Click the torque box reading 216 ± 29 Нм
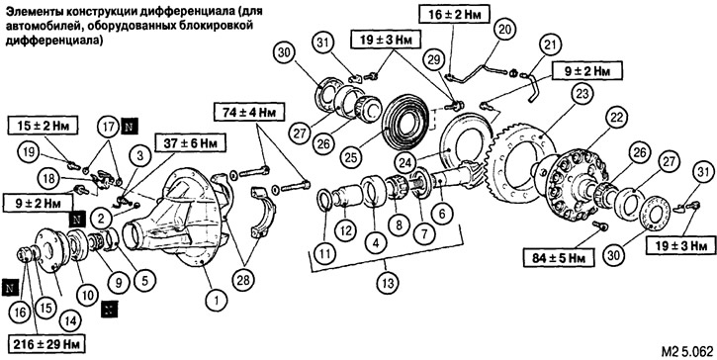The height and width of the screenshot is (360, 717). [47, 344]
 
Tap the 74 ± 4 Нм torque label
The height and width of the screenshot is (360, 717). [249, 111]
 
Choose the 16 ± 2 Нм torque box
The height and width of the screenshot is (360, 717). [454, 13]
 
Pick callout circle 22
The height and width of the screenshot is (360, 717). [616, 118]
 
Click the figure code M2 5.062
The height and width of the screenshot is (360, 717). [686, 351]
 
